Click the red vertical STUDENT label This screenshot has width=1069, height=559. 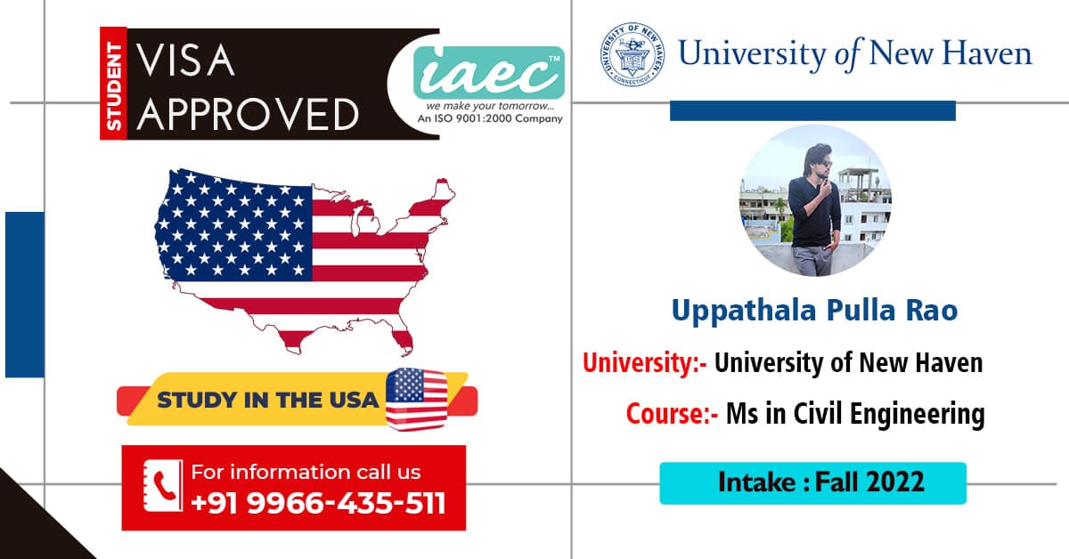click(x=113, y=84)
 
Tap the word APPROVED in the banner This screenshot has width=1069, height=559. click(x=249, y=115)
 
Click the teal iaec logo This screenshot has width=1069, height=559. click(x=489, y=72)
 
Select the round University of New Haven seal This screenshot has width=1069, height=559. click(x=632, y=54)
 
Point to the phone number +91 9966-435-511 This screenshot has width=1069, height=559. click(x=318, y=503)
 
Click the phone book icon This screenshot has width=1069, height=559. click(x=163, y=485)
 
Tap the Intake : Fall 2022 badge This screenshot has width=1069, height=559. click(x=812, y=482)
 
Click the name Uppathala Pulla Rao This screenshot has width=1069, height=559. click(x=814, y=311)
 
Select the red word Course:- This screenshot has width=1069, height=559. click(x=672, y=414)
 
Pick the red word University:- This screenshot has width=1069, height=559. click(x=644, y=362)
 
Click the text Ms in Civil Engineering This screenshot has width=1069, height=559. click(x=855, y=414)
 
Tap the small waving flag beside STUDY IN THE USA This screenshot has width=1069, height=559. click(x=417, y=399)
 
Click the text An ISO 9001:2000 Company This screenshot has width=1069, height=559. click(x=490, y=118)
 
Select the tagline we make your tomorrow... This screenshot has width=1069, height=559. click(x=490, y=105)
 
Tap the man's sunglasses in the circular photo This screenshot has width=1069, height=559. click(x=824, y=165)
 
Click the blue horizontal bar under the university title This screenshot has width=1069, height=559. click(x=812, y=110)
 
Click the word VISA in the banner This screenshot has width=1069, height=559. click(x=185, y=61)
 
